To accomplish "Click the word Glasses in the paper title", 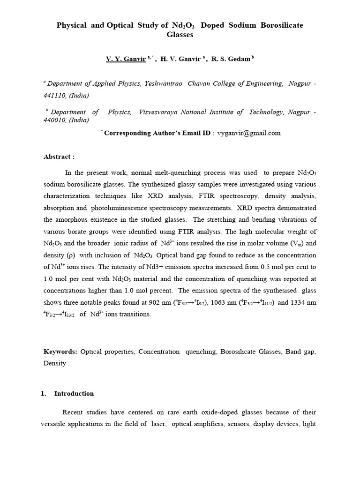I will pyautogui.click(x=180, y=35).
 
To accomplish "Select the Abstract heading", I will pyautogui.click(x=59, y=157).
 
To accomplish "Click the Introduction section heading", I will pyautogui.click(x=74, y=394).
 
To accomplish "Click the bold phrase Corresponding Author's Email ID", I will pyautogui.click(x=157, y=133).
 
